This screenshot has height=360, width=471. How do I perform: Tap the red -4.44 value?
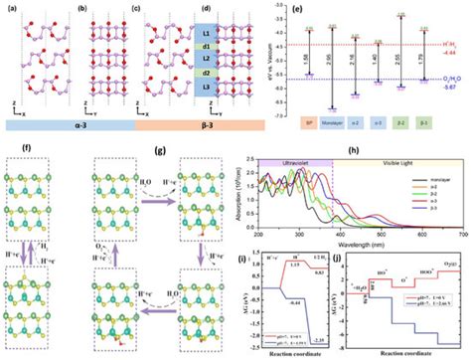click(x=451, y=47)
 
